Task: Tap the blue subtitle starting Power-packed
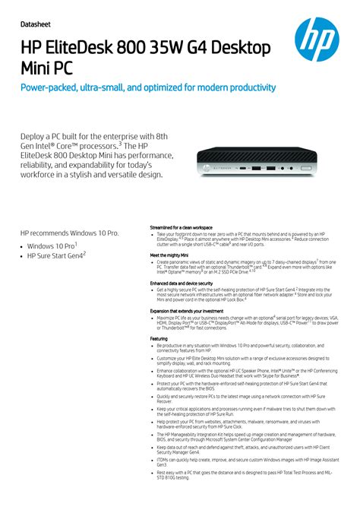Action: [148, 88]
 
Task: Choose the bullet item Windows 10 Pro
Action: [52, 246]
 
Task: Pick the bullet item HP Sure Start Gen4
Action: [56, 257]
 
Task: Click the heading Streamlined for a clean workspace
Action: [181, 227]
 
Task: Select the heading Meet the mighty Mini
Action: [170, 255]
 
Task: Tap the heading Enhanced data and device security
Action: [182, 284]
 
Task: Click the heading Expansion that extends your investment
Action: [186, 311]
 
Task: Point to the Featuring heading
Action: [159, 338]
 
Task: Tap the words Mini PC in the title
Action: [49, 69]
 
